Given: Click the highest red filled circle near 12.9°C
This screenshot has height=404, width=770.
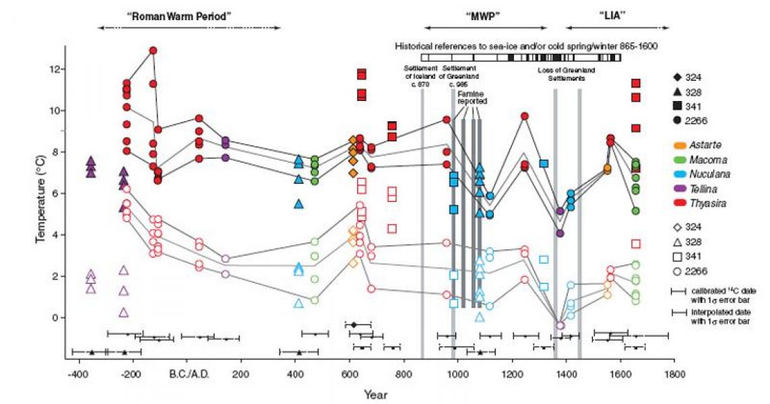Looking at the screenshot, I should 153,50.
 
